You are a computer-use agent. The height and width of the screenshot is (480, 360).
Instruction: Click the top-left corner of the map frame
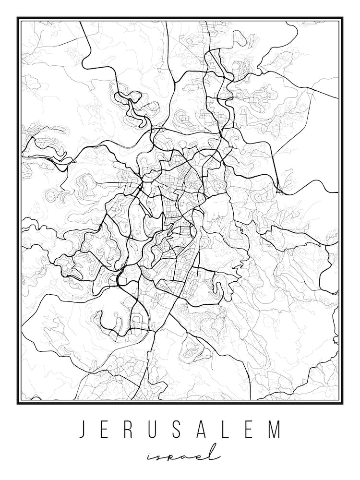point(18,18)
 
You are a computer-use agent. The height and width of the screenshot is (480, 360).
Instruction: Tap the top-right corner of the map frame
point(342,18)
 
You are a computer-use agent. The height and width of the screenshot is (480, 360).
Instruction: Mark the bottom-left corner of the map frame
point(18,403)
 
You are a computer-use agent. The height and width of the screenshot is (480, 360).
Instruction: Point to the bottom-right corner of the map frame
point(342,403)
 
